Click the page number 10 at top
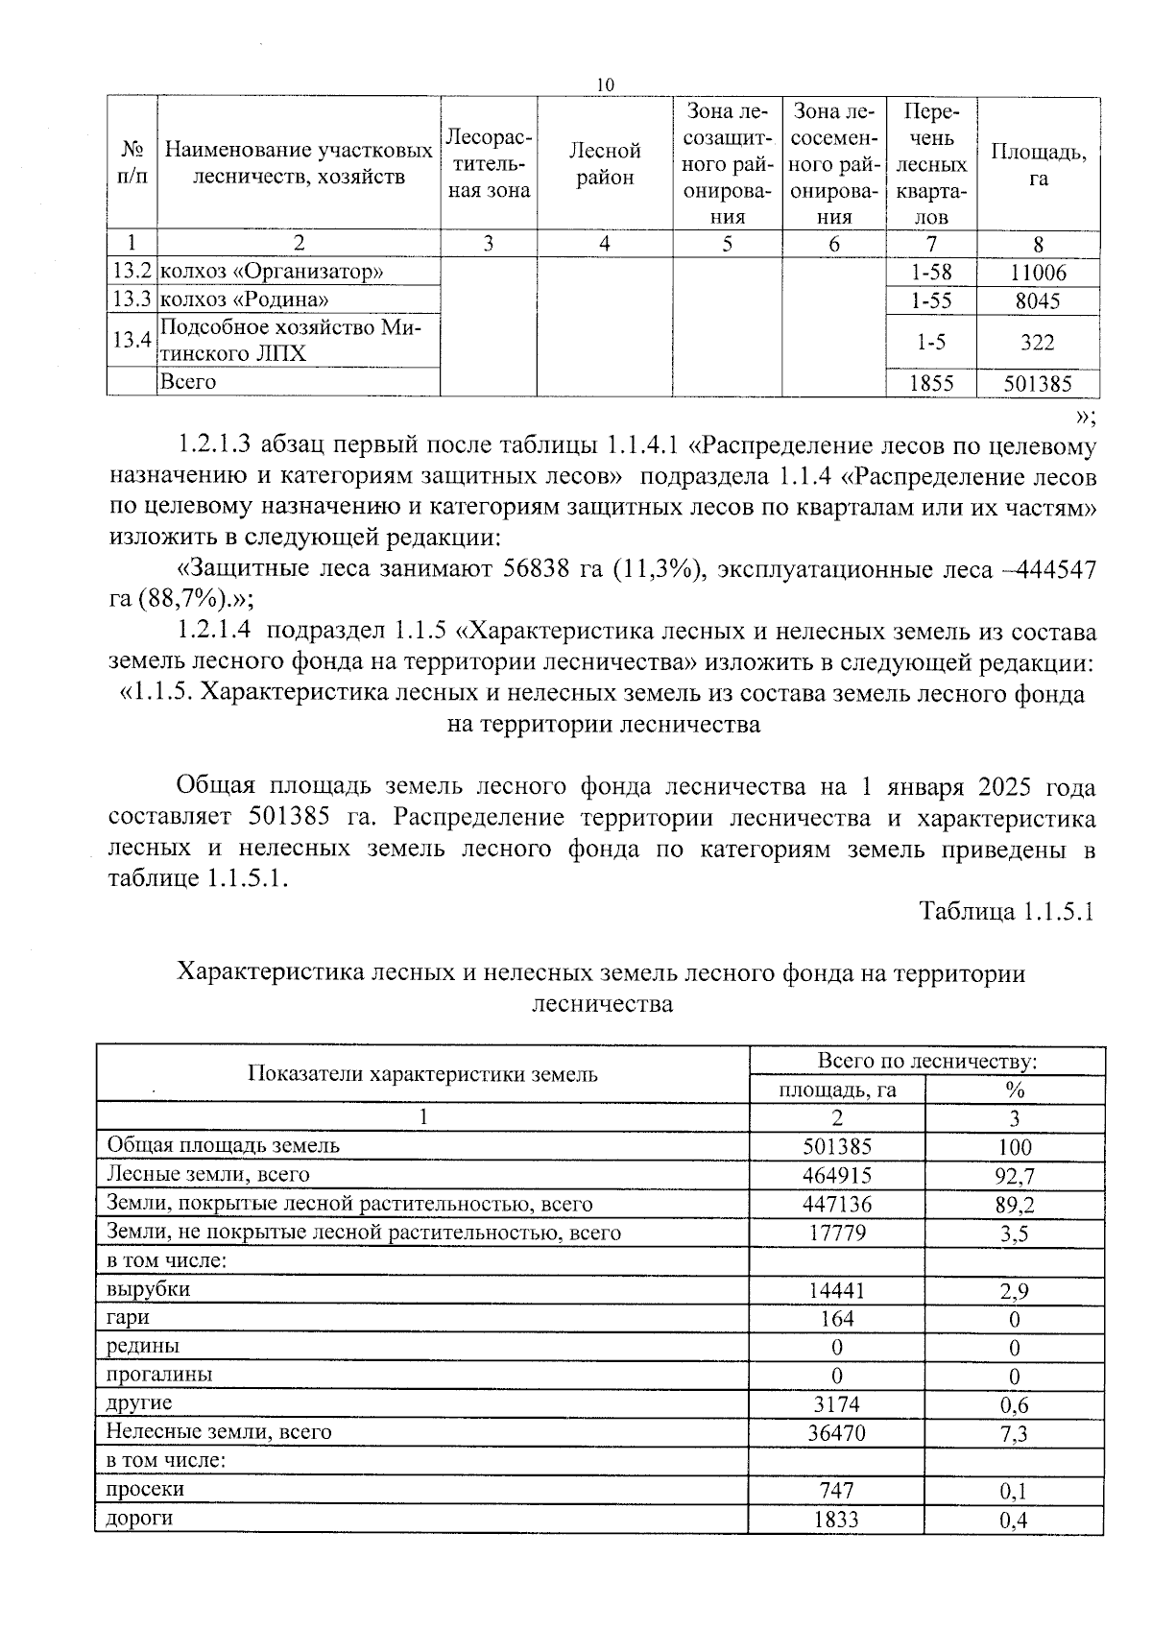[605, 85]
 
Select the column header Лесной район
[604, 164]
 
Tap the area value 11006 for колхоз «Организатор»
[1038, 273]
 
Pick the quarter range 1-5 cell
[931, 342]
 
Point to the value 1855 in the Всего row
[931, 384]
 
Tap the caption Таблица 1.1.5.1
[1007, 910]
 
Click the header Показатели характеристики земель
[422, 1074]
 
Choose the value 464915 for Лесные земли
[836, 1175]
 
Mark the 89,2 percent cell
[1014, 1204]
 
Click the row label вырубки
[149, 1289]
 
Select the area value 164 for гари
[836, 1318]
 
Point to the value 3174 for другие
[836, 1404]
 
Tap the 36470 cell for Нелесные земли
[836, 1432]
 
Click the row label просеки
[145, 1489]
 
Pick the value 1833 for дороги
[836, 1519]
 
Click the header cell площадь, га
[836, 1090]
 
